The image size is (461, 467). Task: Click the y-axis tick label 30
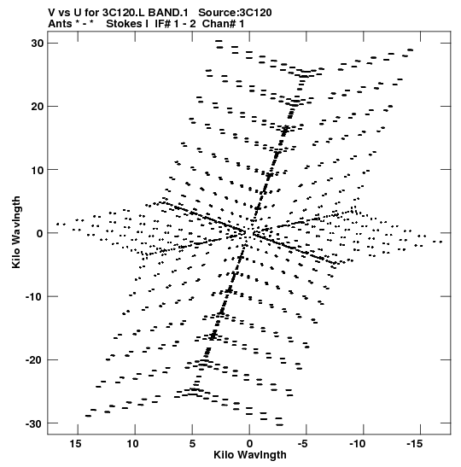click(x=37, y=44)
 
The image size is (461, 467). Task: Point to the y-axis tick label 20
click(x=37, y=107)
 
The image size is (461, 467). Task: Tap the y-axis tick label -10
click(x=34, y=296)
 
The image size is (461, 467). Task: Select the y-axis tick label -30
click(x=34, y=423)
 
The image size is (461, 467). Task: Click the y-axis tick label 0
click(x=40, y=234)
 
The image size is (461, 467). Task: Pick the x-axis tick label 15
click(x=75, y=444)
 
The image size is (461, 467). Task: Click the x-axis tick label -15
click(x=415, y=444)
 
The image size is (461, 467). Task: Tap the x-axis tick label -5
click(x=302, y=444)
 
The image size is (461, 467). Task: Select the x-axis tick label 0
click(x=249, y=444)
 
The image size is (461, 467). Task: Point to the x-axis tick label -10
click(x=358, y=444)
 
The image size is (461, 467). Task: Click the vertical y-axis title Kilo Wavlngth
click(x=16, y=232)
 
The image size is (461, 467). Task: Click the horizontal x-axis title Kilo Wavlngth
click(x=250, y=455)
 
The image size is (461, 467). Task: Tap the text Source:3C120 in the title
click(x=235, y=13)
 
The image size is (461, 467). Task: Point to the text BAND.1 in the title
click(x=168, y=13)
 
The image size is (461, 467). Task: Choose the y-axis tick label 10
click(x=37, y=170)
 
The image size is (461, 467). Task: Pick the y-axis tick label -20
click(x=34, y=360)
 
